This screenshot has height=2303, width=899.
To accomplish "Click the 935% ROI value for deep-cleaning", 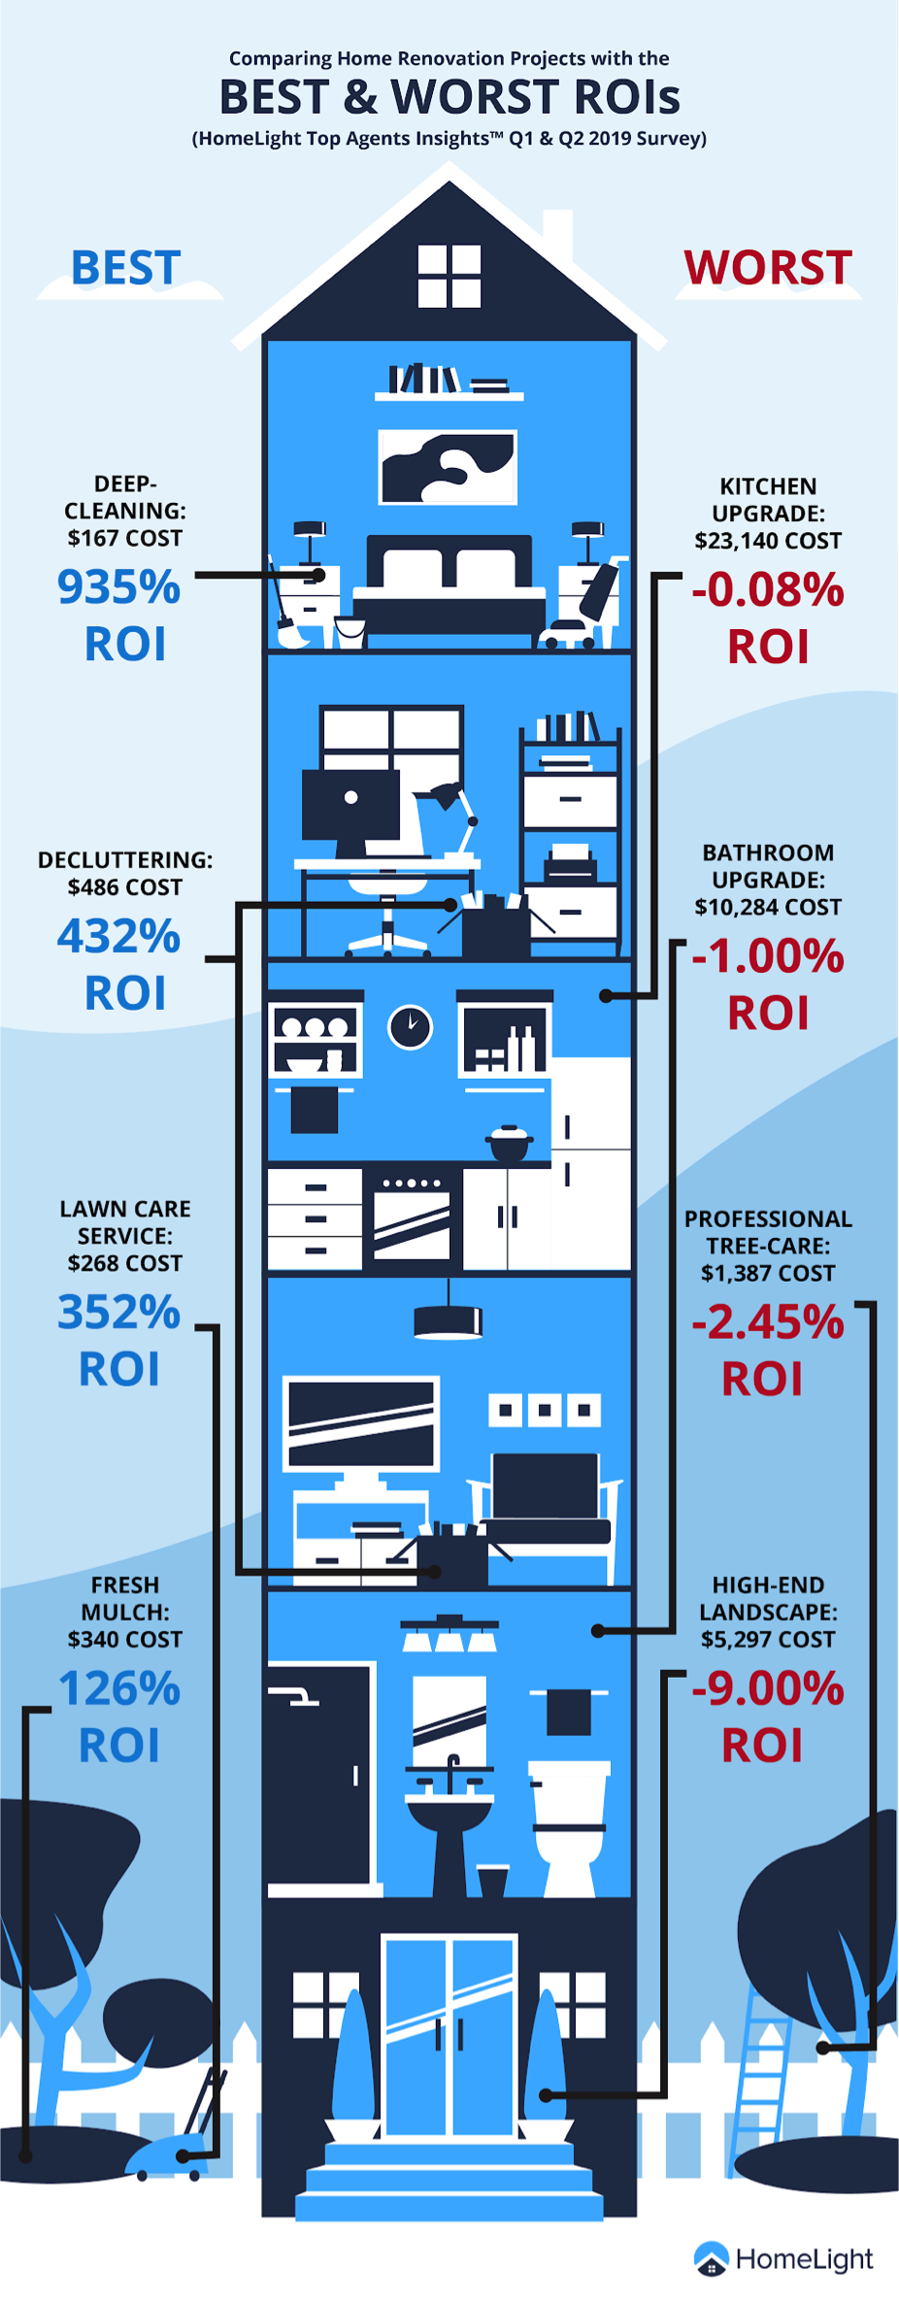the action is click(118, 587).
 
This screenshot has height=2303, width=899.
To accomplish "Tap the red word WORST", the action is click(768, 268).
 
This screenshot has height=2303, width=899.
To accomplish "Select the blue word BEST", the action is click(126, 268).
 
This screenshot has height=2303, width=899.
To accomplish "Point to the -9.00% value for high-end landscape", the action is click(768, 1688).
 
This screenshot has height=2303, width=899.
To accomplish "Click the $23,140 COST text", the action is click(768, 541).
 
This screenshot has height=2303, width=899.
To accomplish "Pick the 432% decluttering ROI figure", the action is click(118, 937).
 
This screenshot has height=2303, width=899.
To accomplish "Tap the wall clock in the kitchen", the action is click(411, 1026).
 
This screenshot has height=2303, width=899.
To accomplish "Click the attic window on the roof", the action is click(449, 276).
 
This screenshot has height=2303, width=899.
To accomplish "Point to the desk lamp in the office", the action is click(449, 818).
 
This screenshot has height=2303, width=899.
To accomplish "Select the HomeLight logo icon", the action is click(712, 2258).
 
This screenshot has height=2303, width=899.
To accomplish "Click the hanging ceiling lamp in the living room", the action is click(448, 1311).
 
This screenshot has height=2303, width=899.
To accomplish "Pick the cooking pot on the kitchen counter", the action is click(510, 1143).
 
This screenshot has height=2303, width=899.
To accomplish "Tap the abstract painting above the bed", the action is click(448, 468).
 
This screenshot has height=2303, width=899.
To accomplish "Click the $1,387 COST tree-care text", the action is click(768, 1273).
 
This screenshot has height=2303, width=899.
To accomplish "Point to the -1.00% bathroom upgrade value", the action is click(768, 956).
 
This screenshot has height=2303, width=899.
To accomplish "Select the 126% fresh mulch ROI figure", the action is click(119, 1688).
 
